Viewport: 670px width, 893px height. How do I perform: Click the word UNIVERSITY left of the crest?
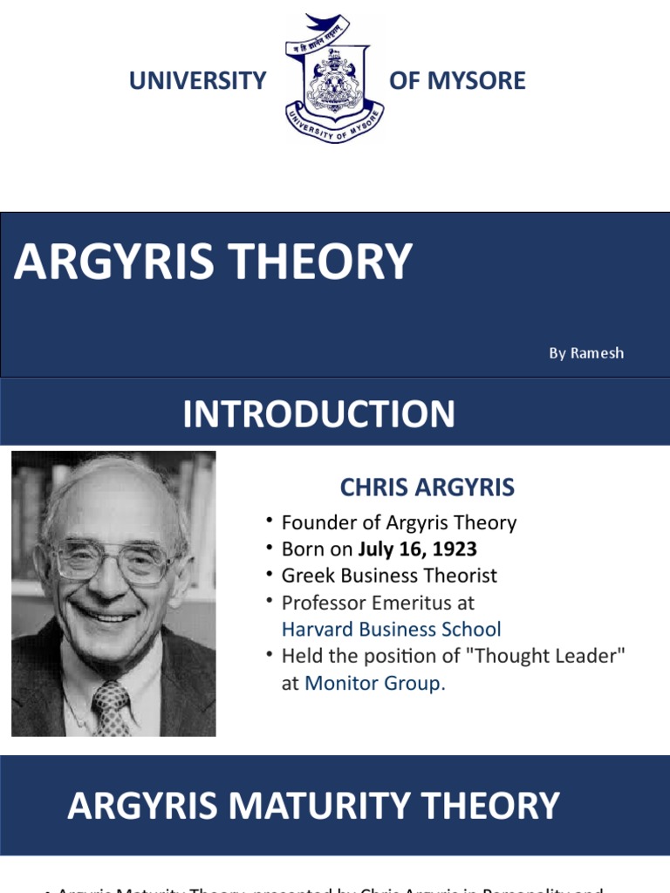coord(197,81)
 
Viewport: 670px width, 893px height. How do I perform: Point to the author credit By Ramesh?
coord(586,353)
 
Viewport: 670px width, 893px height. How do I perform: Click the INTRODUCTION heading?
coord(318,413)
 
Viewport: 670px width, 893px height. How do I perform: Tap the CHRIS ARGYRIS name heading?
coord(427,487)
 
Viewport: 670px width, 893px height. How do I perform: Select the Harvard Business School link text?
coord(391,629)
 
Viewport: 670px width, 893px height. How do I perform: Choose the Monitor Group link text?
coord(374,684)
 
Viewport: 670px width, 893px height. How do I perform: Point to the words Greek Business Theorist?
coord(389,576)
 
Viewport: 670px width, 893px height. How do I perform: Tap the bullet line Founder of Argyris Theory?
coord(399,522)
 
